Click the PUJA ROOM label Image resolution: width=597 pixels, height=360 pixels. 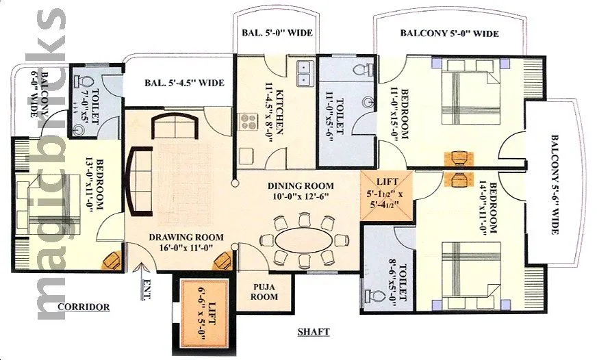point(264,292)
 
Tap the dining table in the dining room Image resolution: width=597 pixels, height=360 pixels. point(302,240)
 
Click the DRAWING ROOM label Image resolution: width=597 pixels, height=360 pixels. point(183,243)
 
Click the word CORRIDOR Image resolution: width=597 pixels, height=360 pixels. point(84,307)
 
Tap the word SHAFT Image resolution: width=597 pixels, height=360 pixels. point(314,332)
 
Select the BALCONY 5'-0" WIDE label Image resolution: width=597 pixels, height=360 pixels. point(449,33)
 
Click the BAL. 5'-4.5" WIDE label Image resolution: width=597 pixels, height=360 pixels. point(184,83)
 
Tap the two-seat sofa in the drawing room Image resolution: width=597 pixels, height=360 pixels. point(174,126)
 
